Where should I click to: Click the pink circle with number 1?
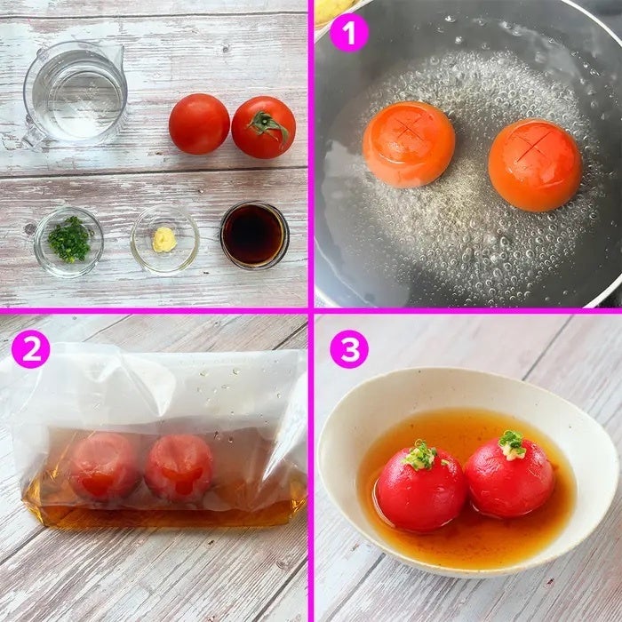349,34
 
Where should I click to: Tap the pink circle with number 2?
30,349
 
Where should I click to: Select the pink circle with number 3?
349,349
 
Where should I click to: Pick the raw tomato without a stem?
199,124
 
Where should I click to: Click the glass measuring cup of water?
75,94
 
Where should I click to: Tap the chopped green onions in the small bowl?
70,239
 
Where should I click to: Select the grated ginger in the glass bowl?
164,239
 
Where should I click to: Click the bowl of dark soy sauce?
254,235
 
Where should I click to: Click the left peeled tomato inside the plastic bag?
104,466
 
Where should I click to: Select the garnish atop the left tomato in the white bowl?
420,455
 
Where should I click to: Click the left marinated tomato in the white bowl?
421,489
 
